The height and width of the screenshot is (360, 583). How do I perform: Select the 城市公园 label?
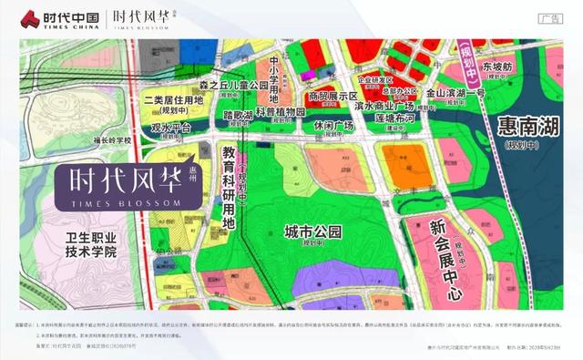point(312,231)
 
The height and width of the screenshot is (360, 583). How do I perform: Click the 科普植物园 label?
point(280,111)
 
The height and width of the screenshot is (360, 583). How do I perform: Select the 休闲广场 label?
point(332,125)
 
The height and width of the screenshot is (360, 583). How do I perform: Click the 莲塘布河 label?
point(388,118)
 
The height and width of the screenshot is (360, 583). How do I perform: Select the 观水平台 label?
point(170,129)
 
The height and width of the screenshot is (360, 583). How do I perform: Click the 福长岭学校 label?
point(113,140)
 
